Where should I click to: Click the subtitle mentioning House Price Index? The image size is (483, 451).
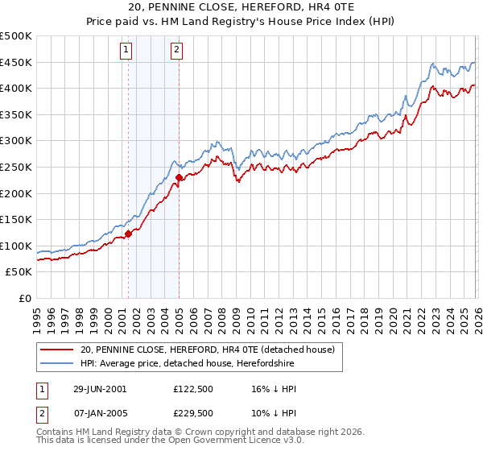coord(241,23)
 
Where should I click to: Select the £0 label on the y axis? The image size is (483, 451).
coord(24,298)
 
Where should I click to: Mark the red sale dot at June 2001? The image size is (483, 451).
coord(128,234)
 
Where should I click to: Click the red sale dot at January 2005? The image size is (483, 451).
coord(179,177)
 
